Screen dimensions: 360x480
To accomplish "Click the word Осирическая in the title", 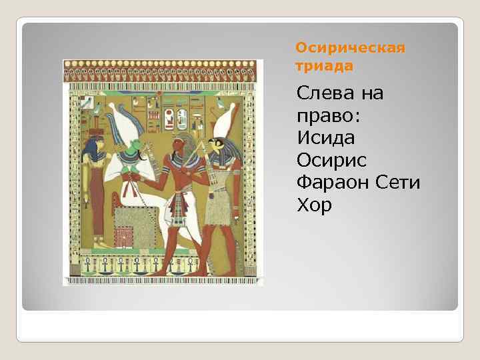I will (x=350, y=49).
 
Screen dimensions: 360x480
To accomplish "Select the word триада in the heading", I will (x=324, y=66).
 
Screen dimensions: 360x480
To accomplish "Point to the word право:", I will (x=328, y=116).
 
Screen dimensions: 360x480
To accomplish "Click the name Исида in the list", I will (x=329, y=139).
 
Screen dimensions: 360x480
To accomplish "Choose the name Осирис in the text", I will (x=334, y=161).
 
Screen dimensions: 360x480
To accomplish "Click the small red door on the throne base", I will (x=124, y=237).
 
